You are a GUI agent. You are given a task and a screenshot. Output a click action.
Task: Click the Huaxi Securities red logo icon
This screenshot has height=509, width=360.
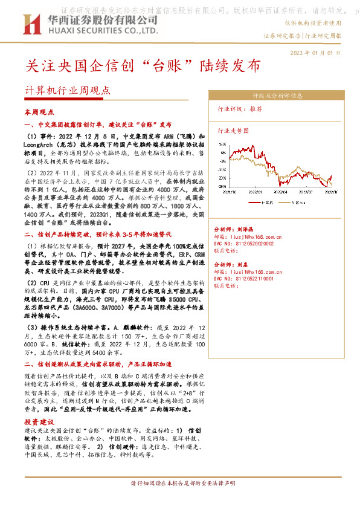pyautogui.click(x=30, y=25)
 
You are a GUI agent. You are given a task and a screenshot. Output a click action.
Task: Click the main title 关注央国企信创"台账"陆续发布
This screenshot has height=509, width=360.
pyautogui.click(x=144, y=65)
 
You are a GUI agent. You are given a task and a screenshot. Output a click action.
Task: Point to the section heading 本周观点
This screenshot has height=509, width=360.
pyautogui.click(x=39, y=112)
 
